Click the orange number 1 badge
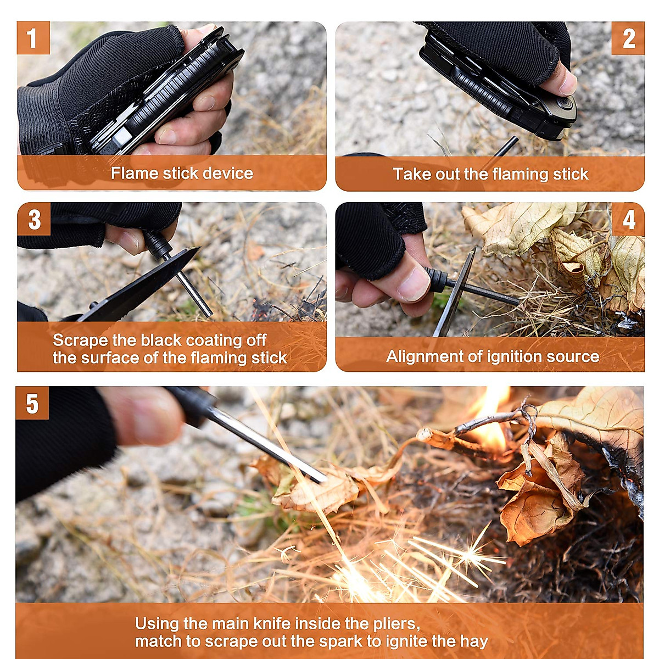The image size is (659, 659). [33, 38]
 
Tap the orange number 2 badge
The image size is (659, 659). [628, 38]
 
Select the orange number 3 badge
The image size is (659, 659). [34, 219]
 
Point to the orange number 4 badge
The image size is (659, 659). [628, 219]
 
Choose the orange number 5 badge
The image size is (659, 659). [32, 403]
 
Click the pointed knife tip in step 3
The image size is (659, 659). [199, 248]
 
